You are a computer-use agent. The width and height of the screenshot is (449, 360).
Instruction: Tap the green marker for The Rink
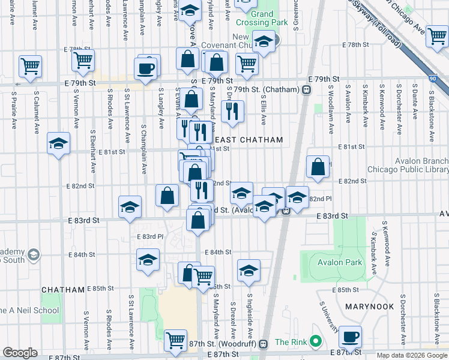click(315, 342)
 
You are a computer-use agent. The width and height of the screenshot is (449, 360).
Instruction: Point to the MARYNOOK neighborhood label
click(369, 306)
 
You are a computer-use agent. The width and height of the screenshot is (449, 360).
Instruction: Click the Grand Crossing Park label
click(262, 18)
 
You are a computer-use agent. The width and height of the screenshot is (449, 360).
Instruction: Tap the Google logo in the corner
click(20, 353)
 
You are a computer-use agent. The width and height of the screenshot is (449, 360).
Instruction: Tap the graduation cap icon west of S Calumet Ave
click(58, 143)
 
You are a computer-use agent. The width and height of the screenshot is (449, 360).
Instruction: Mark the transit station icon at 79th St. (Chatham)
click(306, 90)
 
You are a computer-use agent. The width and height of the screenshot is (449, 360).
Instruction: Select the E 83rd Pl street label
click(150, 236)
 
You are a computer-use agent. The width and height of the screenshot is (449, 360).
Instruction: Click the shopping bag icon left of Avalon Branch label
click(318, 166)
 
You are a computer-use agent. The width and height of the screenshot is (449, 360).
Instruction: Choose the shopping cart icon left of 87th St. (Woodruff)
click(176, 340)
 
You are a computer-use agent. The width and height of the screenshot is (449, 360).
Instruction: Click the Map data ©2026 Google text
click(412, 355)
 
